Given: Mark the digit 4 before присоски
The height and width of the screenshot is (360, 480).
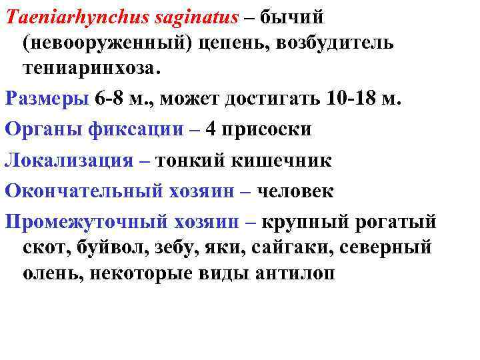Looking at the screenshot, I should [211, 129].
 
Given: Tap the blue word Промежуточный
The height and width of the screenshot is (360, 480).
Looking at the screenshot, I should [85, 221].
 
